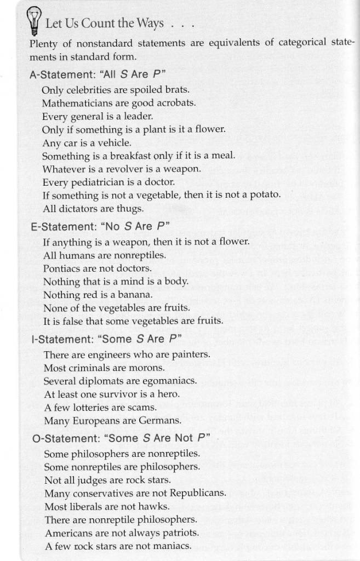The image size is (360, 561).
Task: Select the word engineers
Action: pyautogui.click(x=107, y=354)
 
